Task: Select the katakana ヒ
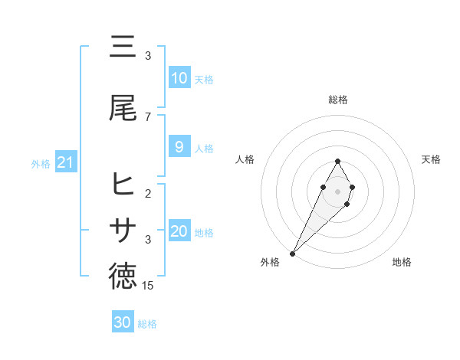coord(123,185)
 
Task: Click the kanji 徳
coord(123,277)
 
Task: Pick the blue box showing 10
coord(179,78)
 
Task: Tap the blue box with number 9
coord(179,147)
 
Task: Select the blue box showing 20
coord(179,231)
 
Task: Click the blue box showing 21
coord(65,162)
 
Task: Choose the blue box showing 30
coord(123,322)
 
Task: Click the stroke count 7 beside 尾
coord(148,116)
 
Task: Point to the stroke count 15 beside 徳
coord(148,285)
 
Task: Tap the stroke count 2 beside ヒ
coord(148,193)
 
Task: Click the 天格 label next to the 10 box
coord(204,79)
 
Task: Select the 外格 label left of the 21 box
coord(41,163)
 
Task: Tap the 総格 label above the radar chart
coord(338,100)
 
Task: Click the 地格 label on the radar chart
coord(402,262)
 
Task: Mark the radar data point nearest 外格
coord(292,253)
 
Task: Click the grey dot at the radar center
coord(338,190)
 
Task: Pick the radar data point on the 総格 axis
coord(338,161)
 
